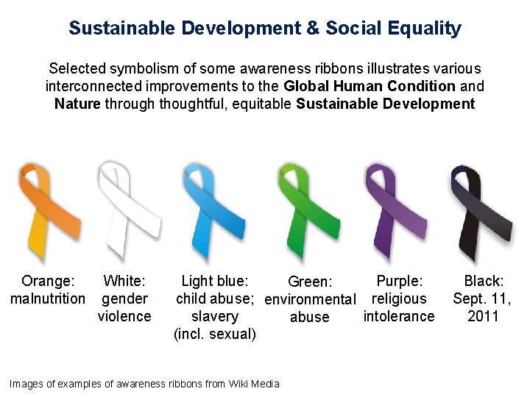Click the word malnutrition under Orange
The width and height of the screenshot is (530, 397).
[x=48, y=298]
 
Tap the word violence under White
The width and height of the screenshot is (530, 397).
[x=124, y=316]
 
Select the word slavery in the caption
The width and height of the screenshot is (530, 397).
[x=215, y=316]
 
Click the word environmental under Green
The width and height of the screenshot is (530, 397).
[x=310, y=300]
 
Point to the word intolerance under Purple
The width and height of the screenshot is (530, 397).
[x=399, y=316]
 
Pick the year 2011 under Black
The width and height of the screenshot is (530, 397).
[x=483, y=316]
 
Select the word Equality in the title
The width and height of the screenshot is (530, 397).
[x=425, y=29]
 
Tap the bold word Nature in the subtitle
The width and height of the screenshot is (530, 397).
[x=77, y=104]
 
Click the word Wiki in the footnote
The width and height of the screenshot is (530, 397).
[x=239, y=384]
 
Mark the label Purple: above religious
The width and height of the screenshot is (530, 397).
[x=399, y=281]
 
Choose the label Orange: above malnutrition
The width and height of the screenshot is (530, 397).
[x=48, y=281]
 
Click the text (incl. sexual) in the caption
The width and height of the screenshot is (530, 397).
[x=215, y=334]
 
